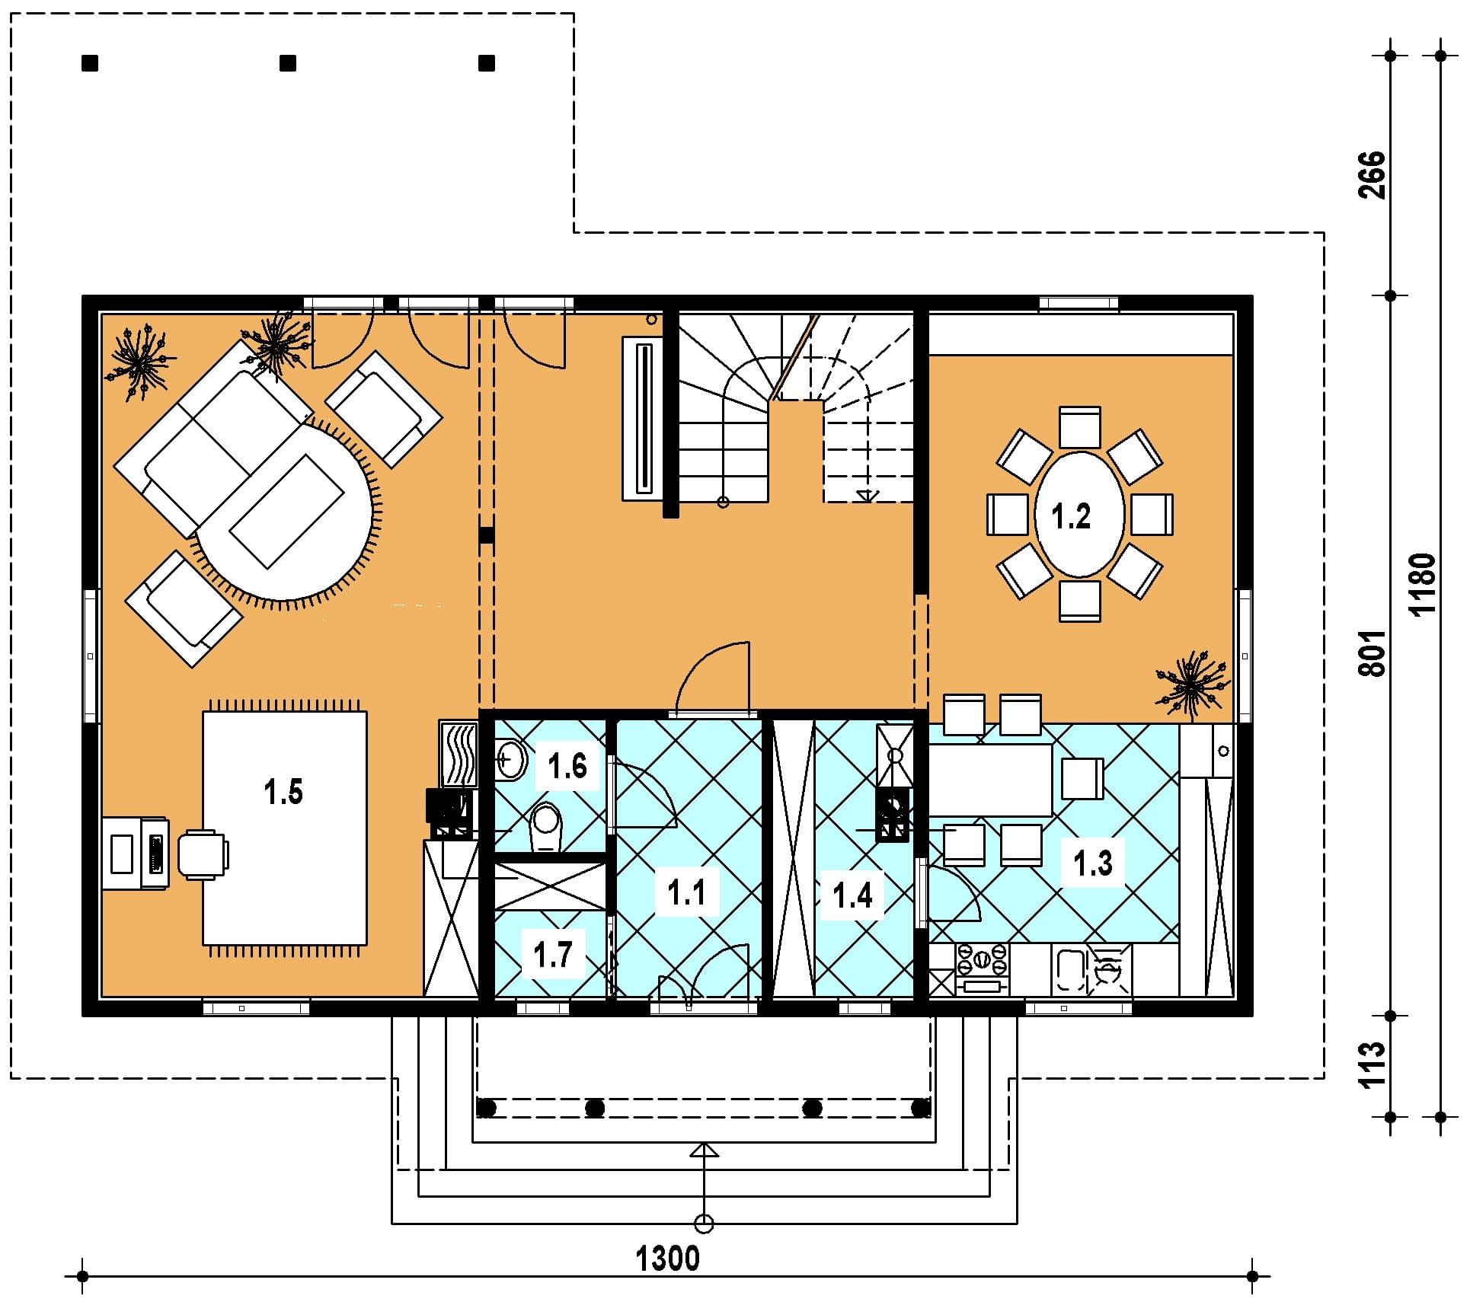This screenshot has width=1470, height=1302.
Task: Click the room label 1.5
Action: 283,793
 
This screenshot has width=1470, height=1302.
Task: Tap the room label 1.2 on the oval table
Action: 1071,516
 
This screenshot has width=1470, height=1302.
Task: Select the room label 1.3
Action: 1093,863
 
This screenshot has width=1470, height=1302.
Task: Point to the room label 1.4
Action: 852,895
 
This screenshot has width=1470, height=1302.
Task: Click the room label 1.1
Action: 686,892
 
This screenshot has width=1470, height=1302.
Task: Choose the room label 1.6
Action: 567,766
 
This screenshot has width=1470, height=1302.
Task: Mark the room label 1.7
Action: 553,955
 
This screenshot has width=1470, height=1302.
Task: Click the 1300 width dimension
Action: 667,1259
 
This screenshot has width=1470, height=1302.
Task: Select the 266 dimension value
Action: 1372,175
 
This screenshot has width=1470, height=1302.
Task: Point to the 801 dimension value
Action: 1372,652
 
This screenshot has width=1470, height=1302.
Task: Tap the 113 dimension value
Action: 1372,1064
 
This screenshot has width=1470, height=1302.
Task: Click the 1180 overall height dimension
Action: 1421,584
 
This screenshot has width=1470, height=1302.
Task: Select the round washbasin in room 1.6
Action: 511,759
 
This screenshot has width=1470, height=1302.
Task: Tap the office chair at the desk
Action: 203,854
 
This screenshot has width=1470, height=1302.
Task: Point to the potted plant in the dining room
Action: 1190,685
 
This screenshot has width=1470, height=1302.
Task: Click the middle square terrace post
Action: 288,63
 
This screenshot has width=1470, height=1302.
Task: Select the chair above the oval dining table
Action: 1079,427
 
